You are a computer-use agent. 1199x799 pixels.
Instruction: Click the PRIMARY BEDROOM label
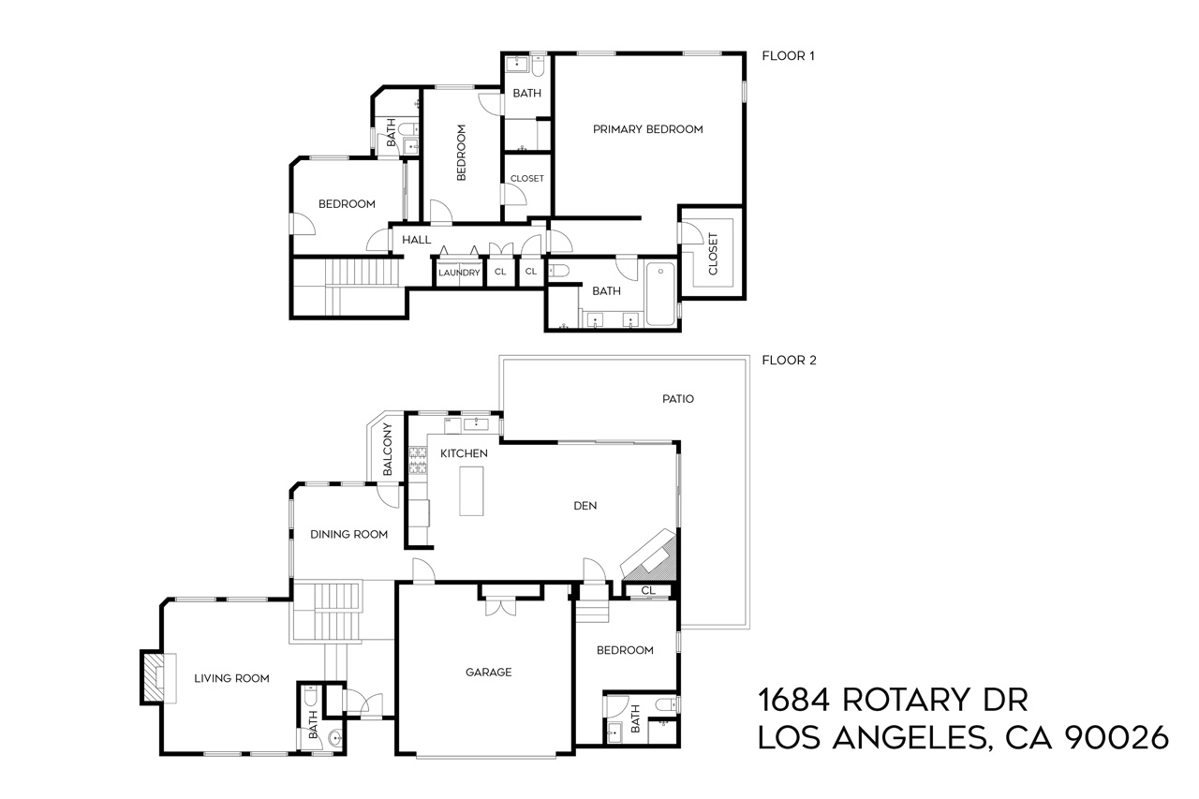647,129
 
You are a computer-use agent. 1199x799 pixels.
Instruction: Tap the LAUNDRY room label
459,273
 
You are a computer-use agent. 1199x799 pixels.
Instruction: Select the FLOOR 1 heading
788,56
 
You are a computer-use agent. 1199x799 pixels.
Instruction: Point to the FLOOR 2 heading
789,360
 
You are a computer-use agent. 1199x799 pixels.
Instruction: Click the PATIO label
677,398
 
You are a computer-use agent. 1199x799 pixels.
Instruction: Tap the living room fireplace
153,677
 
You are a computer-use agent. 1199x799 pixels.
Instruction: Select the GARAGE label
489,672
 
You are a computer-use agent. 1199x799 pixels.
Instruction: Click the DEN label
585,506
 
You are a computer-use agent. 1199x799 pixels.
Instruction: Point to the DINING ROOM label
348,535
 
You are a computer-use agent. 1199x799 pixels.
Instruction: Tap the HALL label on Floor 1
416,240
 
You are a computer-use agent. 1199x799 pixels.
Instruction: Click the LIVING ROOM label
231,678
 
